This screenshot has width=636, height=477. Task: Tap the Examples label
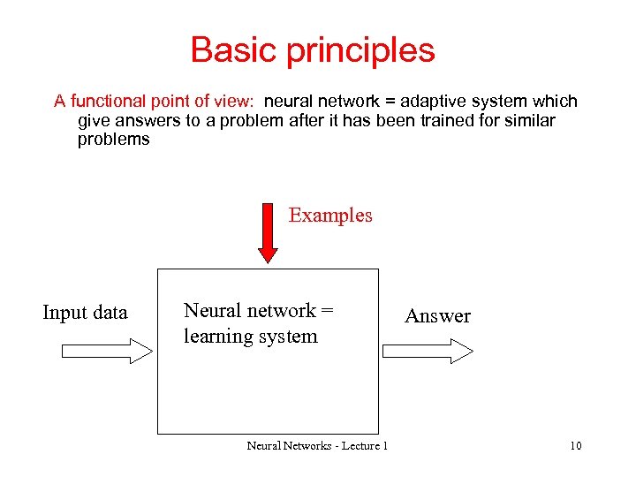pyautogui.click(x=330, y=216)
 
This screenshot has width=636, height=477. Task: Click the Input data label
pyautogui.click(x=85, y=313)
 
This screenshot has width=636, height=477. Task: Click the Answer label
pyautogui.click(x=437, y=316)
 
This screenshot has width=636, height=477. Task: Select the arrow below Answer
pyautogui.click(x=429, y=351)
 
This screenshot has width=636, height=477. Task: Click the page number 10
pyautogui.click(x=575, y=446)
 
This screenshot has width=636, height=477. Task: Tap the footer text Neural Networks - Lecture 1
pyautogui.click(x=317, y=446)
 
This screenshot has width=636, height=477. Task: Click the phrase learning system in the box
pyautogui.click(x=250, y=337)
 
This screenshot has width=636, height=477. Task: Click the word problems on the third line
pyautogui.click(x=114, y=140)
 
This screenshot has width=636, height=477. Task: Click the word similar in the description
pyautogui.click(x=528, y=121)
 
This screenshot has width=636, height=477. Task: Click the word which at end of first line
pyautogui.click(x=556, y=102)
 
